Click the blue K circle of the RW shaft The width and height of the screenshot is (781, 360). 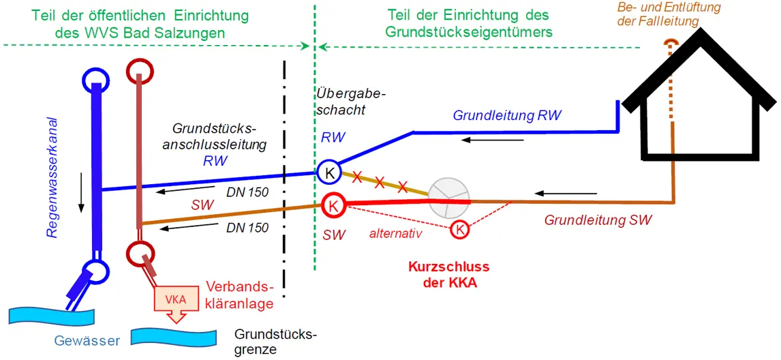pyautogui.click(x=329, y=172)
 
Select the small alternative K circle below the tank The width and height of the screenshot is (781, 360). pyautogui.click(x=460, y=230)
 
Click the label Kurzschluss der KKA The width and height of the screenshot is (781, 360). pyautogui.click(x=449, y=275)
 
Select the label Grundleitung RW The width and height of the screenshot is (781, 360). pyautogui.click(x=507, y=116)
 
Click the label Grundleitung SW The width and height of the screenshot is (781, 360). pyautogui.click(x=598, y=220)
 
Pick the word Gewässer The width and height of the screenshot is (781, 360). pyautogui.click(x=87, y=341)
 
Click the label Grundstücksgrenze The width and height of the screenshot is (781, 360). pyautogui.click(x=275, y=342)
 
